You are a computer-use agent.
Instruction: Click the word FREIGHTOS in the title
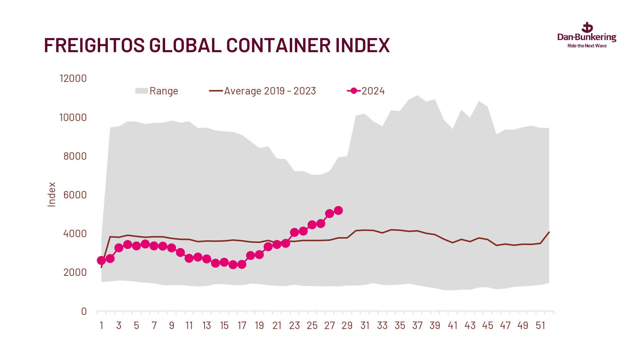pyautogui.click(x=94, y=45)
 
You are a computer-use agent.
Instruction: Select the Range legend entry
pyautogui.click(x=157, y=91)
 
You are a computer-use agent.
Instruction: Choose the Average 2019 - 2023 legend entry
pyautogui.click(x=262, y=91)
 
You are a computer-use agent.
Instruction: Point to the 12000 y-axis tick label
pyautogui.click(x=73, y=79)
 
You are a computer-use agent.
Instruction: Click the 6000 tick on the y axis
pyautogui.click(x=75, y=195)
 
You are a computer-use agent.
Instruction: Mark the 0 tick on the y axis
pyautogui.click(x=84, y=311)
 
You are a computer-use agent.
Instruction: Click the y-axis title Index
pyautogui.click(x=52, y=195)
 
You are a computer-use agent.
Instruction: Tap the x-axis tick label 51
pyautogui.click(x=540, y=326)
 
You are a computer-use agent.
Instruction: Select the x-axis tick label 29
pyautogui.click(x=347, y=326)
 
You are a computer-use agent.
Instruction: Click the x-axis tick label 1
pyautogui.click(x=101, y=326)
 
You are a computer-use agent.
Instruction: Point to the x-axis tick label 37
pyautogui.click(x=417, y=326)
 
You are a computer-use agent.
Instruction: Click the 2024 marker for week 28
pyautogui.click(x=338, y=211)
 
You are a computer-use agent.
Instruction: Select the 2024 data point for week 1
pyautogui.click(x=101, y=260)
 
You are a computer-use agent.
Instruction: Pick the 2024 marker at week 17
pyautogui.click(x=242, y=265)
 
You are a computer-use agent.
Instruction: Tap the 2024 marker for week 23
pyautogui.click(x=294, y=233)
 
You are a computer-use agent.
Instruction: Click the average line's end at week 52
pyautogui.click(x=549, y=232)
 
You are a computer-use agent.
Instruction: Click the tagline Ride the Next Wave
pyautogui.click(x=587, y=46)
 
